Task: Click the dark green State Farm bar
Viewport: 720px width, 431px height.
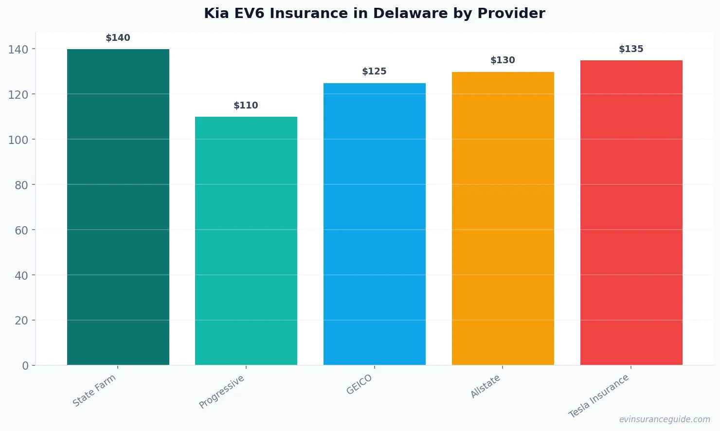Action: pyautogui.click(x=118, y=207)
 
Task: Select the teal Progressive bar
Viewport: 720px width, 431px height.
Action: pyautogui.click(x=246, y=241)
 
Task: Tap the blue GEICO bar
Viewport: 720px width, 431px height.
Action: pyautogui.click(x=375, y=224)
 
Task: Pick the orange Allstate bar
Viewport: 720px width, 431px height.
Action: pyautogui.click(x=503, y=218)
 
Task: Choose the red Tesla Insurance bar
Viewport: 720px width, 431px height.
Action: pyautogui.click(x=631, y=213)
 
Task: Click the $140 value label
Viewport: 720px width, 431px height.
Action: pyautogui.click(x=118, y=38)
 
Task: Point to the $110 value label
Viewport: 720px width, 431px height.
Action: pyautogui.click(x=246, y=106)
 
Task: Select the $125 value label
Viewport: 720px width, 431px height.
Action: pyautogui.click(x=375, y=72)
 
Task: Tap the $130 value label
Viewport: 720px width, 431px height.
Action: pyautogui.click(x=503, y=60)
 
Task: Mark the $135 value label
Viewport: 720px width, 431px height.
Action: pyautogui.click(x=631, y=49)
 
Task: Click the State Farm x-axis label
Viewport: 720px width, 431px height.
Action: pyautogui.click(x=94, y=390)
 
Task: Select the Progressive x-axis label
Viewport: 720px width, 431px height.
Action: pyautogui.click(x=222, y=392)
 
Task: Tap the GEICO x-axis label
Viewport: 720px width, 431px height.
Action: pyautogui.click(x=360, y=384)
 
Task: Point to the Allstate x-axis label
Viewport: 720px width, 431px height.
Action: pyautogui.click(x=486, y=387)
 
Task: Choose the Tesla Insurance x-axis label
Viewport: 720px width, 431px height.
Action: pyautogui.click(x=599, y=396)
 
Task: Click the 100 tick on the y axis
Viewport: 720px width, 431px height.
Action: pyautogui.click(x=18, y=140)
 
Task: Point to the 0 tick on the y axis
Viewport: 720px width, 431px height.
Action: pyautogui.click(x=25, y=366)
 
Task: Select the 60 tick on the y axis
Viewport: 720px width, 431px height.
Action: pyautogui.click(x=21, y=230)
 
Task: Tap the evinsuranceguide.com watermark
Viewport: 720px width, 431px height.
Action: pyautogui.click(x=665, y=419)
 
